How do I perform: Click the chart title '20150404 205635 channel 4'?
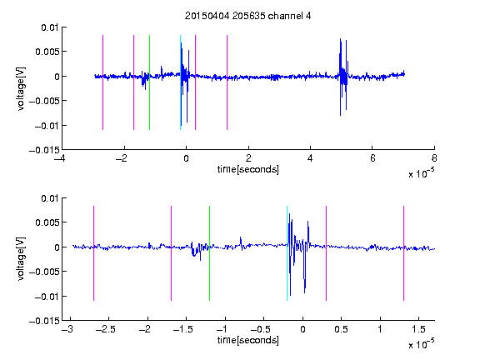point(247,16)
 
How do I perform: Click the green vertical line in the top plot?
point(149,82)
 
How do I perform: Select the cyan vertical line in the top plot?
point(180,82)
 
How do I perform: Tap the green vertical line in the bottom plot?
point(209,253)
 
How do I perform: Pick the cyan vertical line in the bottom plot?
point(287,253)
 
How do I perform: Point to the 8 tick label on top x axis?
point(434,158)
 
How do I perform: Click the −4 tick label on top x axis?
point(60,158)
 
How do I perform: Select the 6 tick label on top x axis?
point(372,158)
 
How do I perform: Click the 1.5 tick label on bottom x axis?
point(418,329)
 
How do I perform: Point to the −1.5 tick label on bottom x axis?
point(182,329)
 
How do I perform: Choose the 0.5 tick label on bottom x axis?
point(341,329)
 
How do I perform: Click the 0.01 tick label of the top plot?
point(49,27)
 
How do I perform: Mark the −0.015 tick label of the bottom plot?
point(44,321)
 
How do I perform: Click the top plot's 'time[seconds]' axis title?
point(248,169)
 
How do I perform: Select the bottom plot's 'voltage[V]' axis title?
point(21,259)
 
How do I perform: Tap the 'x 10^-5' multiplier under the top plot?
point(422,173)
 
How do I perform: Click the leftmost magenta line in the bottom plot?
point(93,253)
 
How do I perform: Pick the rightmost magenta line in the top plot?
point(227,82)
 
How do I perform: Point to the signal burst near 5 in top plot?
point(343,77)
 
